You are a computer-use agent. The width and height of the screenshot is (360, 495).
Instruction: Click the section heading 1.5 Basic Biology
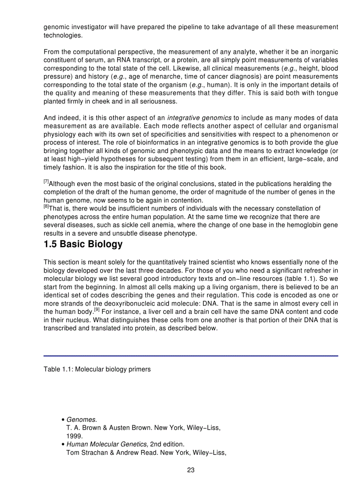coord(83,244)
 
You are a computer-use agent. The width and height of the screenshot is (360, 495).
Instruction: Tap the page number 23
coord(191,470)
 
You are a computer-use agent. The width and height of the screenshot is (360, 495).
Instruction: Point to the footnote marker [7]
coord(46,182)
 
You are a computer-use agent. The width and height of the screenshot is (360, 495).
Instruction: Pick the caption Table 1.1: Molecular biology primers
coord(97,369)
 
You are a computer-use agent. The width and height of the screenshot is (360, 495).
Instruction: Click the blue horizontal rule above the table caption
coord(191,355)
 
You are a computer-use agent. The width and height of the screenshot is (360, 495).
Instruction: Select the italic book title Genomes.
coord(82,420)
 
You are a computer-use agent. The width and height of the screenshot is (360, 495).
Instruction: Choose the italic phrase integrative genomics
coord(199,118)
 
